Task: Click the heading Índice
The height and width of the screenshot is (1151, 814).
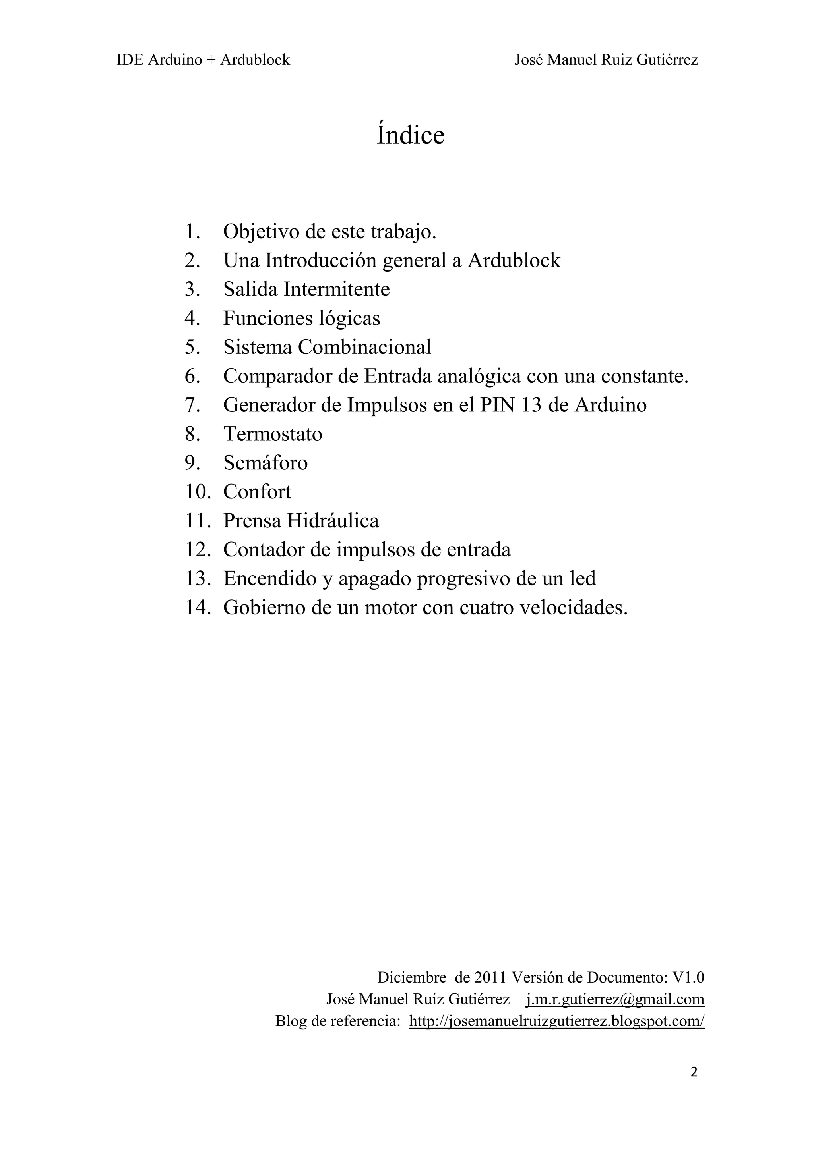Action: (x=410, y=135)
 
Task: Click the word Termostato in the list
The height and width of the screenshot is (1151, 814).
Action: (x=272, y=434)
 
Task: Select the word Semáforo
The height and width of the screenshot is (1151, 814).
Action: (x=266, y=463)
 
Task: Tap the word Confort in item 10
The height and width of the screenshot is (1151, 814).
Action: (x=257, y=492)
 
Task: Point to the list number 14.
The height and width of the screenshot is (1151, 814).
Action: (x=197, y=608)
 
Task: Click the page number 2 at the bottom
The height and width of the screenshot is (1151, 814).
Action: (x=694, y=1072)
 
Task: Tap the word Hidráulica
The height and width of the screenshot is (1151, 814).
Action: (x=333, y=521)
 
